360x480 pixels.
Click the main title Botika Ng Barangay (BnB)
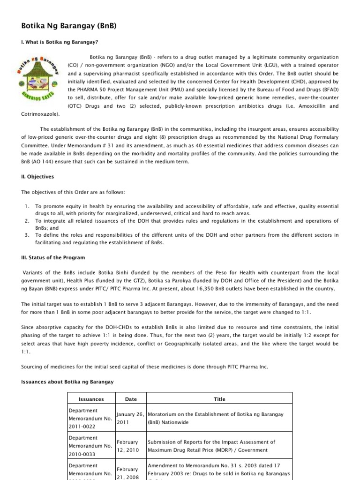point(69,26)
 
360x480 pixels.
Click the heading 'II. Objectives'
point(38,177)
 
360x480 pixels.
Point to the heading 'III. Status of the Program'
point(53,257)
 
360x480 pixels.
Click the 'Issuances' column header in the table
point(91,399)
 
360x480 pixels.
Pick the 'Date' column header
point(131,399)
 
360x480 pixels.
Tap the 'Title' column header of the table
point(219,399)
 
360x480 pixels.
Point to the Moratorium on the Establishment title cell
point(219,418)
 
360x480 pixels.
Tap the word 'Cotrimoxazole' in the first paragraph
point(40,114)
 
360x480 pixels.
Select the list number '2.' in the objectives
point(27,220)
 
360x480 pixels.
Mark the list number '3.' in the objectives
point(27,234)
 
